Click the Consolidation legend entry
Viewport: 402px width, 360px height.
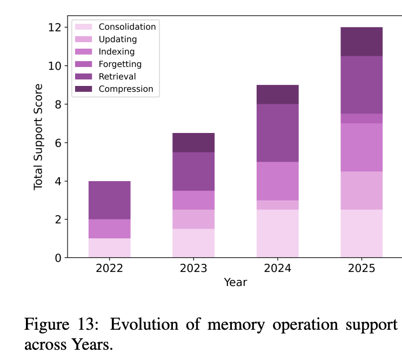pyautogui.click(x=127, y=27)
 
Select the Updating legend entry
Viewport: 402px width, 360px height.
pyautogui.click(x=118, y=39)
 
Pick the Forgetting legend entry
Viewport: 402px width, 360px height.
pyautogui.click(x=120, y=64)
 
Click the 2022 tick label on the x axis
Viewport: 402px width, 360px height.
pyautogui.click(x=109, y=269)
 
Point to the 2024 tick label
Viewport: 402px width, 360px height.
pyautogui.click(x=277, y=269)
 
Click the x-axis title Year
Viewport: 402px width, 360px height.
pyautogui.click(x=236, y=282)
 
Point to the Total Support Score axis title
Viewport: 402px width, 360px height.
pyautogui.click(x=38, y=137)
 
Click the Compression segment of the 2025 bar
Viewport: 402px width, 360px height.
pyautogui.click(x=361, y=42)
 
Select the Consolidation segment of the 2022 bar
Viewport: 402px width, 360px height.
pyautogui.click(x=109, y=248)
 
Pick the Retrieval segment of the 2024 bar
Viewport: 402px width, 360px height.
pyautogui.click(x=277, y=133)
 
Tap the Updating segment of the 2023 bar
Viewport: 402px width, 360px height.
pyautogui.click(x=193, y=219)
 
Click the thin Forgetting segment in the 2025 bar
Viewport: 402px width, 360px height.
pyautogui.click(x=361, y=118)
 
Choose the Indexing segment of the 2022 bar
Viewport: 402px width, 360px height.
pyautogui.click(x=109, y=229)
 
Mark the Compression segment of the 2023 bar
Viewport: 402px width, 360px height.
pyautogui.click(x=193, y=143)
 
